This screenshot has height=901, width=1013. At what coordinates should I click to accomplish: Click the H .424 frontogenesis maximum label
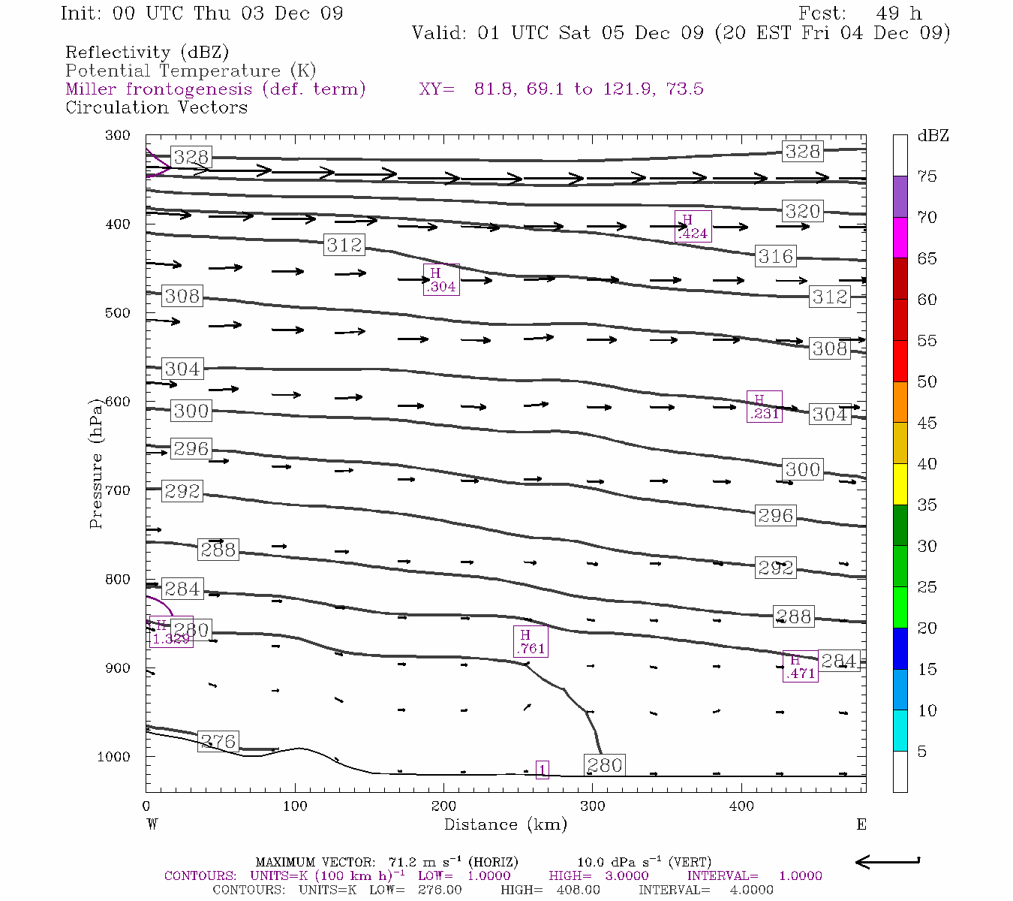[693, 226]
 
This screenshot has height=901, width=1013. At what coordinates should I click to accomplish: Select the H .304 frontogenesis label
[441, 279]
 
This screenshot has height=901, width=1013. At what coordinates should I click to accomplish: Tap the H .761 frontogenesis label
[531, 641]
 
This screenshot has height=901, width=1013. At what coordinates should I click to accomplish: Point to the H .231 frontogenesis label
[764, 406]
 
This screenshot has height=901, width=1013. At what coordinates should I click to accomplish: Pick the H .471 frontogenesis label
[800, 666]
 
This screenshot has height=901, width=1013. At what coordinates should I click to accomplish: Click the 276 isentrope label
[218, 742]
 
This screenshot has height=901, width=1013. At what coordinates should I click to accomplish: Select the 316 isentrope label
[775, 257]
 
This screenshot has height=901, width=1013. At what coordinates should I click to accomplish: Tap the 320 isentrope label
[802, 211]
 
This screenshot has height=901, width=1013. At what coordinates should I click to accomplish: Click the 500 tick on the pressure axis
[117, 313]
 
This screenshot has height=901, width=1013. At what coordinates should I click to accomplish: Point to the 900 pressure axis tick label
[117, 668]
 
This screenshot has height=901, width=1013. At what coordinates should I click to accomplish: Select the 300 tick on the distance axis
[593, 806]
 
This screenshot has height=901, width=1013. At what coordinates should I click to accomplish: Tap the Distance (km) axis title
[505, 824]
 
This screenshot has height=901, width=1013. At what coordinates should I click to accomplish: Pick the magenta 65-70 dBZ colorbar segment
[900, 237]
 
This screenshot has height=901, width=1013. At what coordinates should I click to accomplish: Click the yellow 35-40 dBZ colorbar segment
[900, 484]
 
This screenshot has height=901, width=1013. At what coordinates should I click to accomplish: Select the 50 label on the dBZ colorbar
[927, 381]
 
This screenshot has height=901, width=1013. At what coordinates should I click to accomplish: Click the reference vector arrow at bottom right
[888, 862]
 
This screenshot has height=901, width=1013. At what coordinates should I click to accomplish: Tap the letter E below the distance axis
[861, 824]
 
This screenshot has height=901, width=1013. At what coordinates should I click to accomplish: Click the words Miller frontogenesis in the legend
[159, 89]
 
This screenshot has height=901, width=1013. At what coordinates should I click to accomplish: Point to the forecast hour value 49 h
[898, 14]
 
